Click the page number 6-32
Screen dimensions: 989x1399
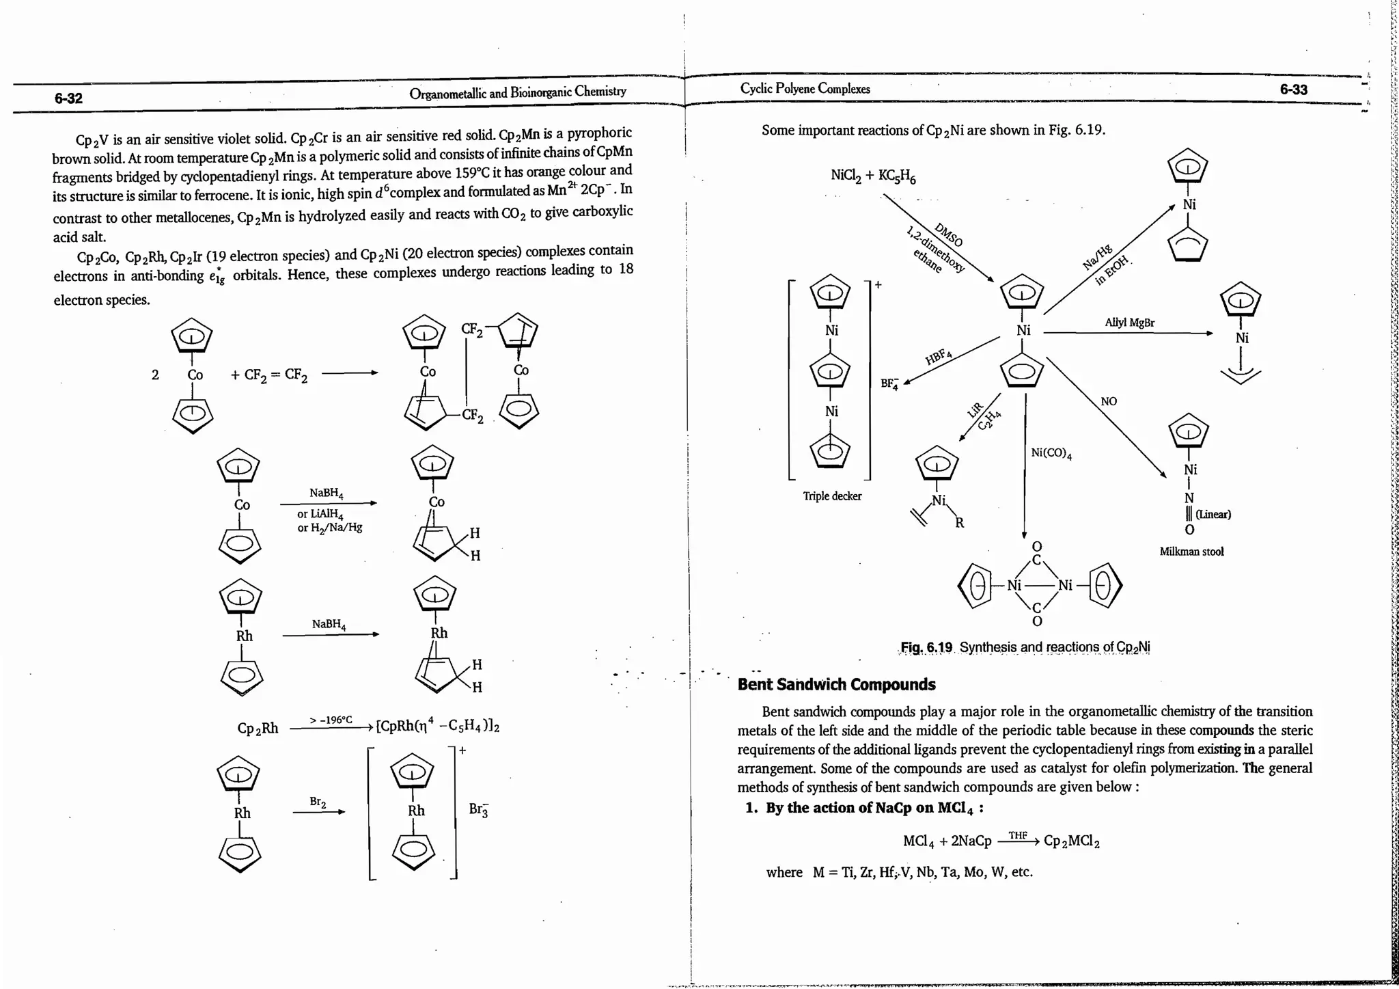(68, 98)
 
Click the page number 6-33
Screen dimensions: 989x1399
(1293, 90)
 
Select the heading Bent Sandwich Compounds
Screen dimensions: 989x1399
(836, 684)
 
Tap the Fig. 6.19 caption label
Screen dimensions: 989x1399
(926, 647)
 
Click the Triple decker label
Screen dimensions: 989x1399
(832, 496)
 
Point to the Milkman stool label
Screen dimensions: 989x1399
(1191, 552)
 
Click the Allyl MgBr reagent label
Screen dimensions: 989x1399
(1129, 323)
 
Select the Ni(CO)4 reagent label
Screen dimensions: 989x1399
(1051, 453)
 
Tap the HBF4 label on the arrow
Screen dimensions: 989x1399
(939, 356)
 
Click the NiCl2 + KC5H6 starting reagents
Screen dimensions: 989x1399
(872, 176)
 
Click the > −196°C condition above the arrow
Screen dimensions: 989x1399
(331, 720)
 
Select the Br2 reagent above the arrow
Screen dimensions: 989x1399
(318, 802)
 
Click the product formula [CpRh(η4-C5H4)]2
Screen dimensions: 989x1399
(438, 726)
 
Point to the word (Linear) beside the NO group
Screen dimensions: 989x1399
(1213, 514)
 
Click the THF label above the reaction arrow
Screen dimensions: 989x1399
(1017, 835)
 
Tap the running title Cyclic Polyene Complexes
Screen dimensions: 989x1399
(805, 89)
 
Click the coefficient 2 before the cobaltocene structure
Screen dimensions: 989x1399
(155, 375)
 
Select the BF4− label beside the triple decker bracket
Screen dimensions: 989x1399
(889, 383)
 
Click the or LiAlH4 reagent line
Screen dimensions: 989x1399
(320, 514)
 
